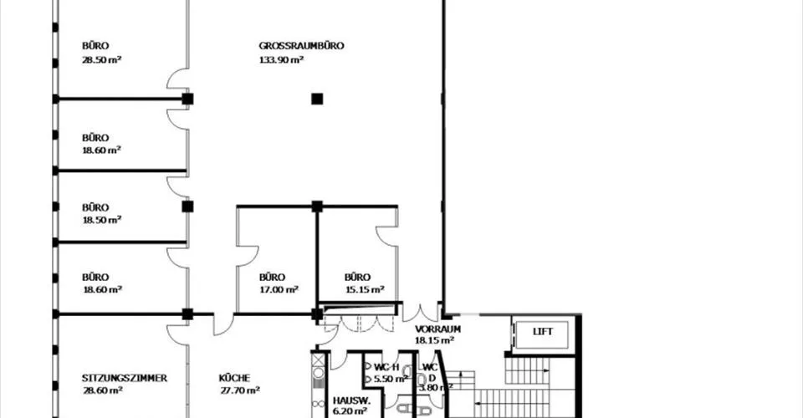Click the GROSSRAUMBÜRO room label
click(301, 45)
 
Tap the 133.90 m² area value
click(281, 59)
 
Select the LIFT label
click(543, 332)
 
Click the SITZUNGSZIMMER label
click(125, 378)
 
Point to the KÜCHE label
click(234, 378)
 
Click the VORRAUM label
click(437, 329)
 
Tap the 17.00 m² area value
click(279, 289)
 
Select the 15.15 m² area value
click(364, 289)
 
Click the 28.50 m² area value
click(101, 59)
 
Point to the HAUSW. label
click(351, 400)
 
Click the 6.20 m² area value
click(350, 410)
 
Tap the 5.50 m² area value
click(391, 379)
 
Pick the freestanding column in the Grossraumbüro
click(318, 99)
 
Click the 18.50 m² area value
click(101, 220)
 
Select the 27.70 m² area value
click(239, 390)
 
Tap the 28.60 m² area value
click(102, 390)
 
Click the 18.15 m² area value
click(434, 340)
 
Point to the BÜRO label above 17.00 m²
click(272, 277)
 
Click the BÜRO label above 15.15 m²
click(357, 277)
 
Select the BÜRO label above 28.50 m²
click(95, 45)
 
